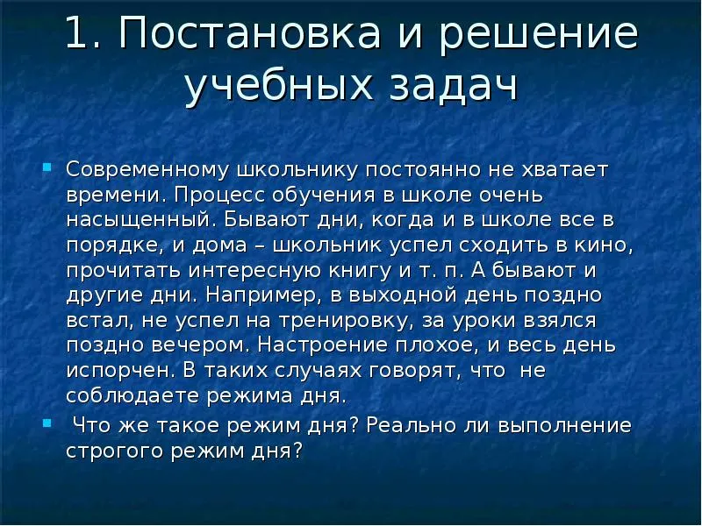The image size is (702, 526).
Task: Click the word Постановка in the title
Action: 250,32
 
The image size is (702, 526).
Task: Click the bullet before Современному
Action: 47,167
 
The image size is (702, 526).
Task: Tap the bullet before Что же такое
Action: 47,423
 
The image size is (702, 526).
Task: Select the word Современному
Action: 147,170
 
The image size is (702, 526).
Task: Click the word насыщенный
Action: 139,221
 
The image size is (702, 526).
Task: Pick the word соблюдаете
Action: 133,397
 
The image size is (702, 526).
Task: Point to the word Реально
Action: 411,425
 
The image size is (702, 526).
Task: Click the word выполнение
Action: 564,425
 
